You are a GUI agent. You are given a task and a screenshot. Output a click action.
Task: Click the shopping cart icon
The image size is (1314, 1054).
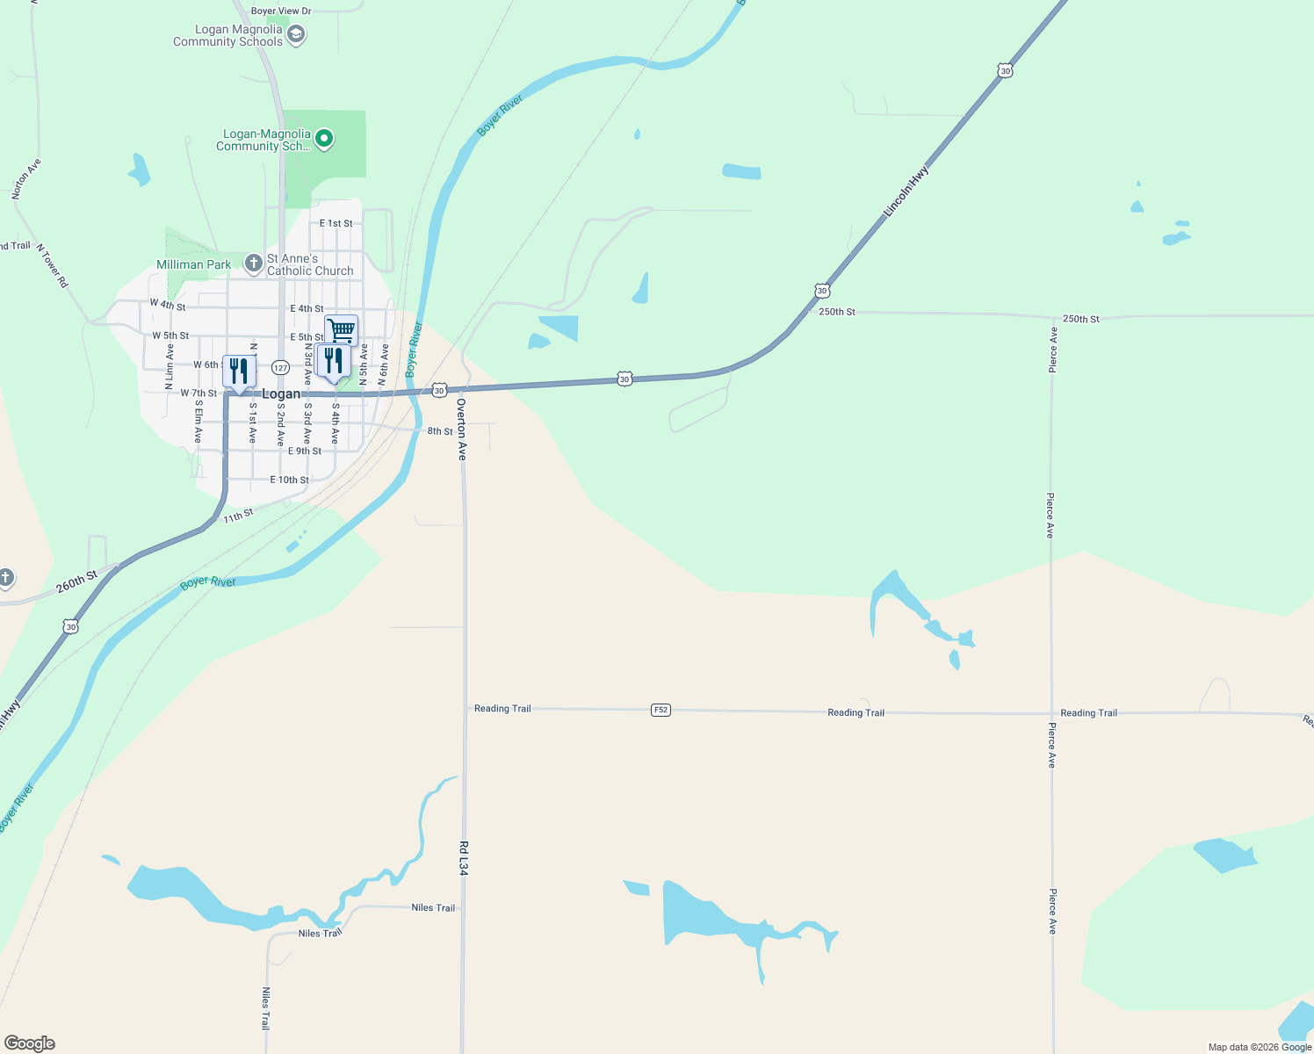point(341,330)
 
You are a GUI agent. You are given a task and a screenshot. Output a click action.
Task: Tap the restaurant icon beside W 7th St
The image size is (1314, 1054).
point(239,371)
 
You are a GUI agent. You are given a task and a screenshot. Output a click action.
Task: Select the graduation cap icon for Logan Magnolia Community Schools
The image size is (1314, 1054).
point(297,35)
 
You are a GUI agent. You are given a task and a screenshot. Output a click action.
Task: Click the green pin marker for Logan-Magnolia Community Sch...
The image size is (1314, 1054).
point(324,139)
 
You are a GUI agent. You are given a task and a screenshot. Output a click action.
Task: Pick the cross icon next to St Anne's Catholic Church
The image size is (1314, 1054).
point(253,263)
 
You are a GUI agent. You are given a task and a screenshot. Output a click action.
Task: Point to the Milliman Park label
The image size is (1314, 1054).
point(193,264)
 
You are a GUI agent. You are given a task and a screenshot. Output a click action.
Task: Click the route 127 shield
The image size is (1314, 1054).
point(280,367)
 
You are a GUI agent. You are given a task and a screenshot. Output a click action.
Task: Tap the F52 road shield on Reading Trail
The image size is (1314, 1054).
point(661,710)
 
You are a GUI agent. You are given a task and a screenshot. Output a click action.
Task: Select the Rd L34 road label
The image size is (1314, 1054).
point(464,858)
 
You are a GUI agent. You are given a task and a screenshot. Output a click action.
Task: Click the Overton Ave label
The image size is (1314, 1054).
point(462,430)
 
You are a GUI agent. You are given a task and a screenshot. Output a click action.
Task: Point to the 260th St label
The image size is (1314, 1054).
point(77,581)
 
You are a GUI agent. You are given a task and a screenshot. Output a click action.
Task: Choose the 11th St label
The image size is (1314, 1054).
point(238,516)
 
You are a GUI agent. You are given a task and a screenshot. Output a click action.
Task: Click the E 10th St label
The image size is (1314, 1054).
point(289,480)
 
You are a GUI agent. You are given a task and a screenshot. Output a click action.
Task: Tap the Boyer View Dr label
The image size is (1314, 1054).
point(281,11)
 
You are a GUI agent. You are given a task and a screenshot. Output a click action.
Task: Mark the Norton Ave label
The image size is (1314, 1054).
point(26,179)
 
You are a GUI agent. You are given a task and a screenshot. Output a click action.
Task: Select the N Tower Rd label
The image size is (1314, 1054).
point(53,265)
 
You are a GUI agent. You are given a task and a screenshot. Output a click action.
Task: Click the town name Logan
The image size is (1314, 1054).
point(281,394)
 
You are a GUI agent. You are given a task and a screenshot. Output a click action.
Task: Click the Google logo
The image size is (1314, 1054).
point(30,1043)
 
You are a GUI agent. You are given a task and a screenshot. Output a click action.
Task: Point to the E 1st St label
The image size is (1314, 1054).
point(336,224)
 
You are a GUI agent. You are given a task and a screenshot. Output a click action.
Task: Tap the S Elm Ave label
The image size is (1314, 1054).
point(199,422)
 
